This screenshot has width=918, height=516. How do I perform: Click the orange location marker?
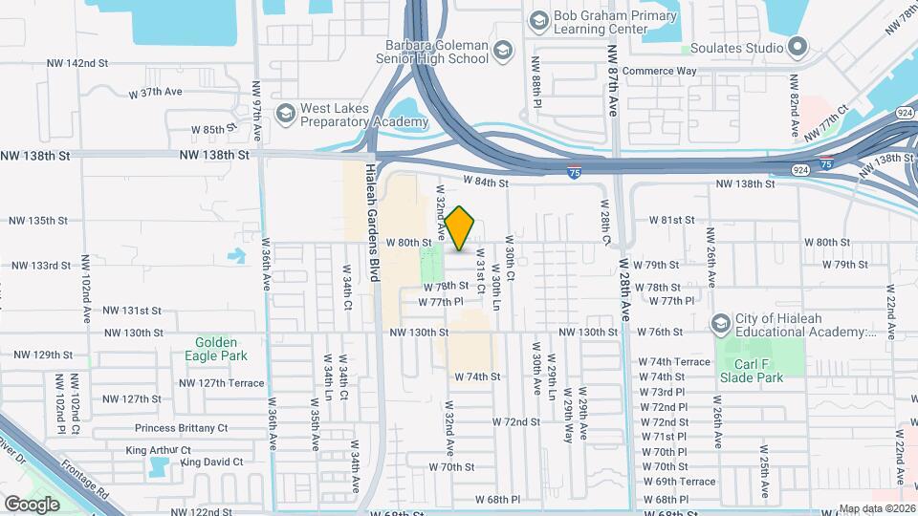click(x=460, y=228)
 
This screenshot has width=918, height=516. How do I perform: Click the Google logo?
click(x=32, y=504)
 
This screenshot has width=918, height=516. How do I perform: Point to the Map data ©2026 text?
click(x=876, y=509)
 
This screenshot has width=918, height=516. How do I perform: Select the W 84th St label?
click(x=484, y=180)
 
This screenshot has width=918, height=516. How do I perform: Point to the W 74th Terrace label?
click(x=680, y=362)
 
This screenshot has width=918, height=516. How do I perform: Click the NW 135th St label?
click(x=38, y=220)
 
